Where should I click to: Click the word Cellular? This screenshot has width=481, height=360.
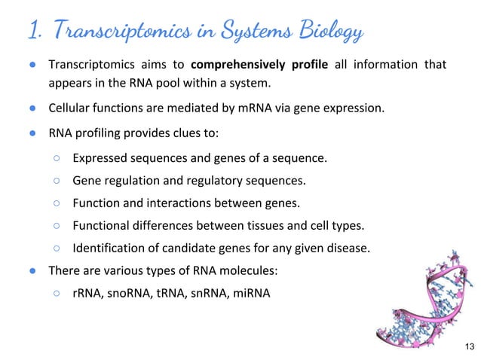pyautogui.click(x=71, y=108)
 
